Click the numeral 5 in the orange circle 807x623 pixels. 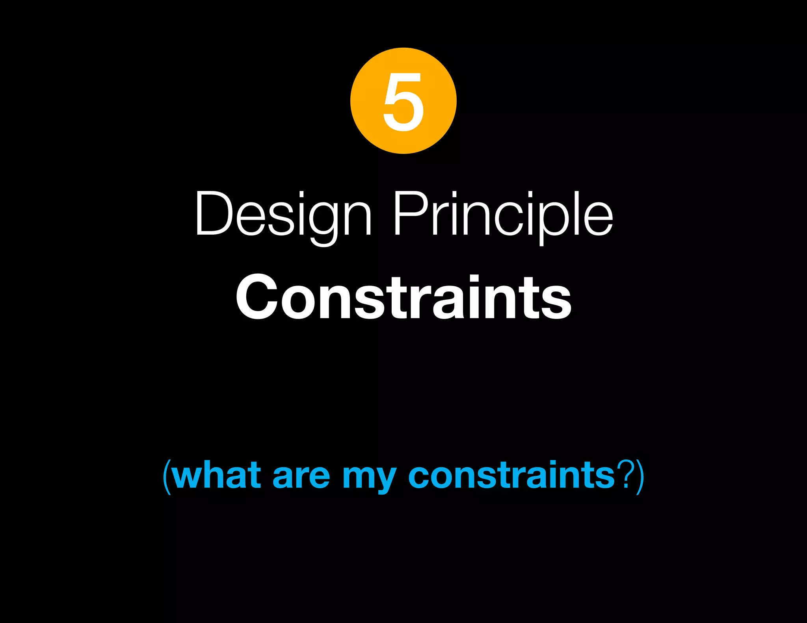coord(403,102)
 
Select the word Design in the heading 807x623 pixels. coord(283,215)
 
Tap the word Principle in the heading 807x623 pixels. coord(503,215)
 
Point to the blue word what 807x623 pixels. coord(216,475)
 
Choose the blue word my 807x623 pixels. coord(369,478)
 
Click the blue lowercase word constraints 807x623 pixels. coord(511,475)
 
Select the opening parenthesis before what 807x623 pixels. coord(167,477)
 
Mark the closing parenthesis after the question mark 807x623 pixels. coord(640,477)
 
